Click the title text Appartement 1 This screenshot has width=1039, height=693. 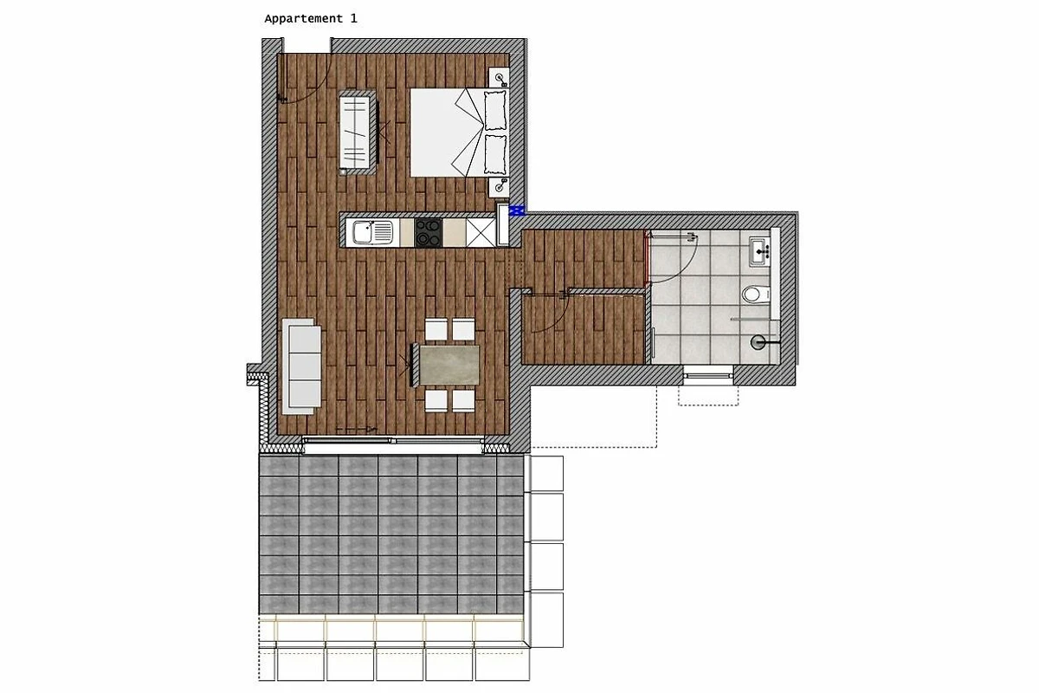pyautogui.click(x=311, y=18)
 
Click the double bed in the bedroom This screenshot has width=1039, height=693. pyautogui.click(x=459, y=133)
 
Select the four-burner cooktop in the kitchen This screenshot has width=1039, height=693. pyautogui.click(x=428, y=232)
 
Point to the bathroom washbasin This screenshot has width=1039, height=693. pyautogui.click(x=759, y=252)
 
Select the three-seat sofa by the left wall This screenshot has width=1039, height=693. pyautogui.click(x=301, y=366)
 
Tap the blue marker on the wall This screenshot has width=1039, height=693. pyautogui.click(x=516, y=211)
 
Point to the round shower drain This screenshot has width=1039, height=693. pyautogui.click(x=758, y=342)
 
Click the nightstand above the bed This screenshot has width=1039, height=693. pyautogui.click(x=500, y=77)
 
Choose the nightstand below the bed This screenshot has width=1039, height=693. pyautogui.click(x=499, y=187)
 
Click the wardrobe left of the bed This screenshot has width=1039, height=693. pyautogui.click(x=357, y=133)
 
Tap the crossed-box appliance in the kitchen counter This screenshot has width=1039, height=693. pyautogui.click(x=481, y=232)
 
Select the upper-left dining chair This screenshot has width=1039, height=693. pyautogui.click(x=436, y=329)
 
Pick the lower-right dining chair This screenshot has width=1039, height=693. pyautogui.click(x=464, y=400)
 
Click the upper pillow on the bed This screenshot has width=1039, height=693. pyautogui.click(x=495, y=111)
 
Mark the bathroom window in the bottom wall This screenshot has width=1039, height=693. pyautogui.click(x=708, y=375)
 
